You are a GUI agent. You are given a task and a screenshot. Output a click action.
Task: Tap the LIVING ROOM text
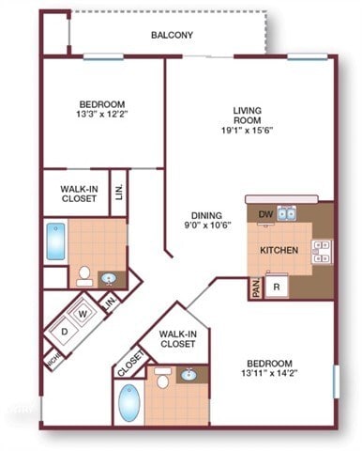(x=248, y=117)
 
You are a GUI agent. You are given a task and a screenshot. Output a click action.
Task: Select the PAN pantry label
(x=255, y=288)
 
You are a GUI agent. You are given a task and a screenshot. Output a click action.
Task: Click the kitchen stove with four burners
(x=322, y=251)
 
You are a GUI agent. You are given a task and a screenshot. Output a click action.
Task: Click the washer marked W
(x=82, y=313)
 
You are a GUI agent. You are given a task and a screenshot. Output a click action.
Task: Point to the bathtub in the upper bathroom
(x=54, y=241)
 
